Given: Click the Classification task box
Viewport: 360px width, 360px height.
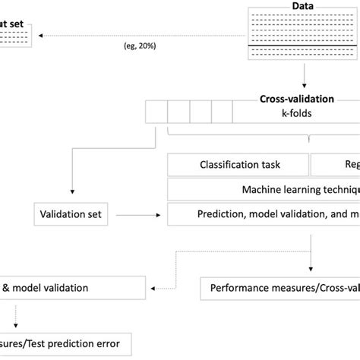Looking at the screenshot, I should click(238, 164).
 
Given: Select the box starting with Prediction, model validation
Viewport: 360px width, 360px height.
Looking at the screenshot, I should click(263, 215).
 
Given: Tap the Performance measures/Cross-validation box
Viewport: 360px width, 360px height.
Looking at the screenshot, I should click(281, 289).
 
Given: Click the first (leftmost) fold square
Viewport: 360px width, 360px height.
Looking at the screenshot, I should click(158, 115).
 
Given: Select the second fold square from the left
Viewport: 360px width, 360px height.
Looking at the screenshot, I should click(178, 115).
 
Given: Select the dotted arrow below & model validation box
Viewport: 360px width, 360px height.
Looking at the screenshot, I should click(11, 315).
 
